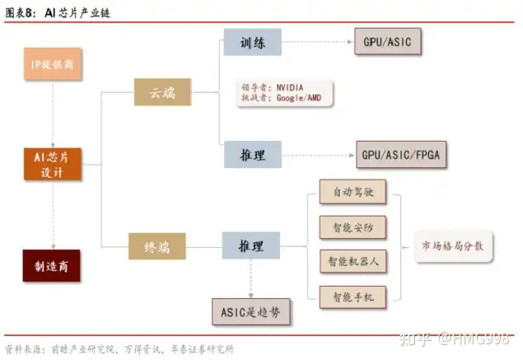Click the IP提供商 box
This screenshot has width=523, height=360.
[52, 65]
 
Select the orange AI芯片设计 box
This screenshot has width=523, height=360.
[52, 164]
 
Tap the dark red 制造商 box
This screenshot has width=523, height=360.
[52, 266]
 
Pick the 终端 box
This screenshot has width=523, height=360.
[157, 245]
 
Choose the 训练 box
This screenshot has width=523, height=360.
[253, 42]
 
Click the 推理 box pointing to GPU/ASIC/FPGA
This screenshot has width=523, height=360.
[253, 154]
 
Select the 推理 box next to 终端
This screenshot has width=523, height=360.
[251, 245]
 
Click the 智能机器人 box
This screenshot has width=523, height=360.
[353, 260]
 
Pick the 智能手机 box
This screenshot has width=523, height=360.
[353, 294]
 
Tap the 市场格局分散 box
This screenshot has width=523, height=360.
[452, 246]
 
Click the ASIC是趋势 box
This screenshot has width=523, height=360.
[251, 311]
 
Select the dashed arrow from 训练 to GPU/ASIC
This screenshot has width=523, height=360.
[317, 41]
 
